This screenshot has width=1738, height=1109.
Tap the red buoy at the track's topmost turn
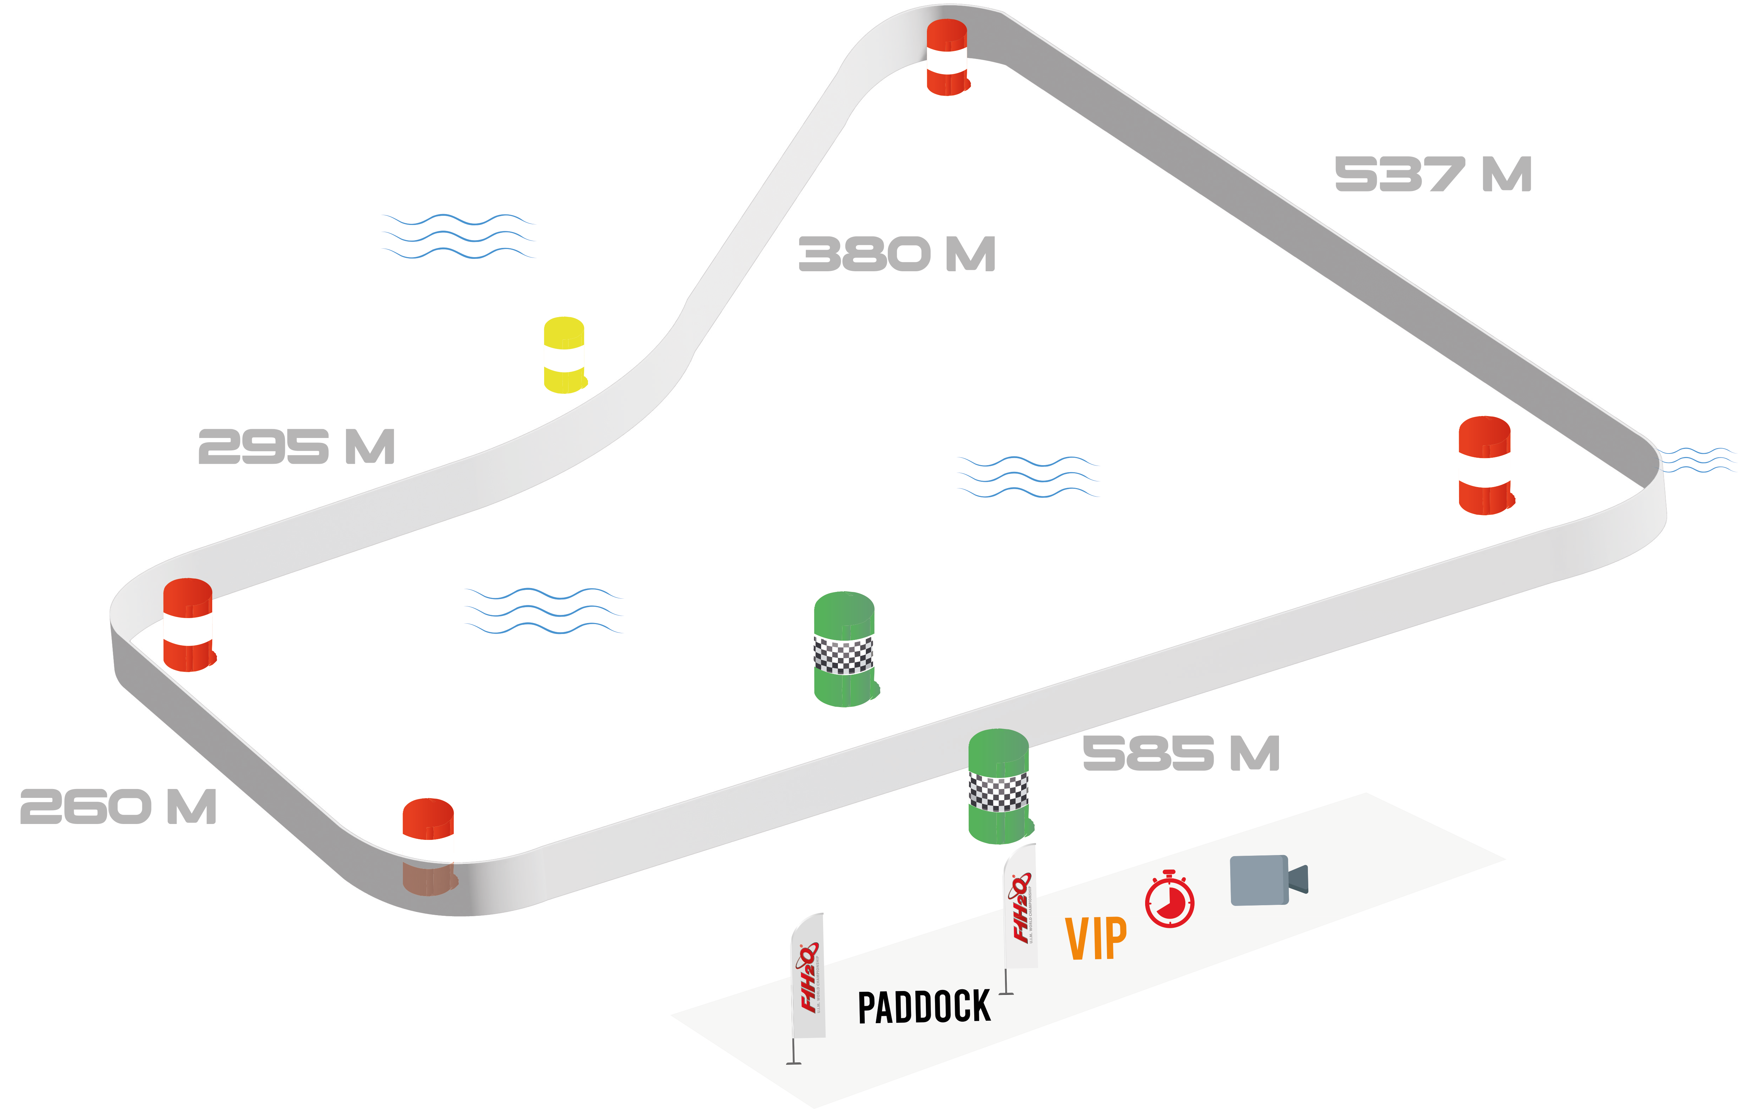point(947,58)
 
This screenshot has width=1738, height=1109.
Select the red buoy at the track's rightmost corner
point(1485,466)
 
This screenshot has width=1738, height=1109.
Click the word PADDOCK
point(924,1007)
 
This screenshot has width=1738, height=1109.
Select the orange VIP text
point(1096,939)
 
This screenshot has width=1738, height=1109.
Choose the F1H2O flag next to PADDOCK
point(808,976)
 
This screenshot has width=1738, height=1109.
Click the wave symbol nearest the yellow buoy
point(458,236)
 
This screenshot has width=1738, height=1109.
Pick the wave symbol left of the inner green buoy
point(543,611)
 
